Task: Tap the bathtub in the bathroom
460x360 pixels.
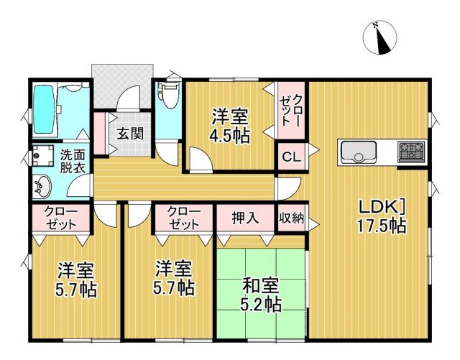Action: (x=45, y=109)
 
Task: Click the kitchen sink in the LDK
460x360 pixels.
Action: (x=359, y=152)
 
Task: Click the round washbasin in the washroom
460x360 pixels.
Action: (x=42, y=186)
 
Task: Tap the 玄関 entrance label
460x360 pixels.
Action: (x=130, y=134)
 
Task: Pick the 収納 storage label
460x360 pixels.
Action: (x=291, y=217)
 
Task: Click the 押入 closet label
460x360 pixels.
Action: (x=246, y=218)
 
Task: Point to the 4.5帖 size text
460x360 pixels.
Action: (x=230, y=136)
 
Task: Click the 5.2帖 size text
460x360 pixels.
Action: (x=261, y=305)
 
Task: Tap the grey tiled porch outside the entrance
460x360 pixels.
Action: (x=122, y=85)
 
